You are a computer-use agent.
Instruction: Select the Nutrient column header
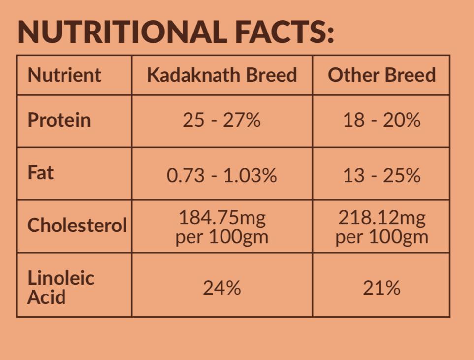click(x=64, y=75)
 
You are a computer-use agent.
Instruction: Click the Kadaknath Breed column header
click(x=221, y=75)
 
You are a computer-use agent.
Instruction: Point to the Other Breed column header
click(x=381, y=75)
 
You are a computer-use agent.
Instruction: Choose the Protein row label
click(x=59, y=120)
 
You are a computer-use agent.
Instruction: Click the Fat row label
click(x=40, y=173)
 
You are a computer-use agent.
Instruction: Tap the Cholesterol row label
click(x=77, y=226)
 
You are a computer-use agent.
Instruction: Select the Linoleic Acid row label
click(x=60, y=287)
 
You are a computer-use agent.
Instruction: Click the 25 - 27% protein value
click(x=221, y=120)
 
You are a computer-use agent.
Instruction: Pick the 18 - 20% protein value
click(x=381, y=120)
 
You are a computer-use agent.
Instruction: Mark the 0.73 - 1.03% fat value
click(x=221, y=176)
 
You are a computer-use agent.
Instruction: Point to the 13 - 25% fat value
click(x=381, y=176)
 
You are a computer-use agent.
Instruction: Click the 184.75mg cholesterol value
click(x=221, y=217)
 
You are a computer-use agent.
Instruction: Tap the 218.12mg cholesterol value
click(x=381, y=217)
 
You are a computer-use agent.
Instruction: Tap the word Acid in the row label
click(x=46, y=297)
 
